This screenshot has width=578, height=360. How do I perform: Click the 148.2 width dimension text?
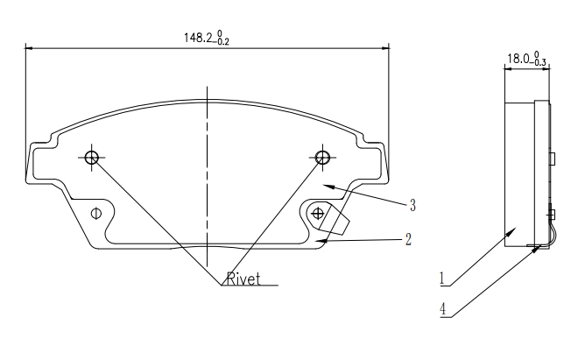pyautogui.click(x=207, y=38)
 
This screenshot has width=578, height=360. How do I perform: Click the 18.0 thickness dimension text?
pyautogui.click(x=526, y=59)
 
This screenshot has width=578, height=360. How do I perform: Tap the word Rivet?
pyautogui.click(x=243, y=279)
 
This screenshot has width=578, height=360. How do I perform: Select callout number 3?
pyautogui.click(x=412, y=205)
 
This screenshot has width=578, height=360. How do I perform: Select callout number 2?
pyautogui.click(x=408, y=239)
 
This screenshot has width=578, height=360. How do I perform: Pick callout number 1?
pyautogui.click(x=442, y=279)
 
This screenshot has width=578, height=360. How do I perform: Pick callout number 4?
pyautogui.click(x=443, y=309)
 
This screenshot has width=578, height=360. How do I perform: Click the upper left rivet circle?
pyautogui.click(x=91, y=158)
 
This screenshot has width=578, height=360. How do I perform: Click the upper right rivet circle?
pyautogui.click(x=322, y=158)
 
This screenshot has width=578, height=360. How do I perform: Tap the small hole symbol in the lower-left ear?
pyautogui.click(x=95, y=214)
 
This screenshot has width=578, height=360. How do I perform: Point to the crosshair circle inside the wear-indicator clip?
pyautogui.click(x=317, y=213)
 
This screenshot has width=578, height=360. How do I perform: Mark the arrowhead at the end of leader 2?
pyautogui.click(x=321, y=241)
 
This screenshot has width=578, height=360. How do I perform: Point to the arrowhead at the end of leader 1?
pyautogui.click(x=511, y=231)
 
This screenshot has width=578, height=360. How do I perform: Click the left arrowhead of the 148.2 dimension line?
pyautogui.click(x=31, y=48)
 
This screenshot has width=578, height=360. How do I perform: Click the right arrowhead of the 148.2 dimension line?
pyautogui.click(x=384, y=48)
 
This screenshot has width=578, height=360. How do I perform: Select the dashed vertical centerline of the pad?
pyautogui.click(x=208, y=176)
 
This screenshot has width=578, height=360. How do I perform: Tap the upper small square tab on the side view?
pyautogui.click(x=553, y=159)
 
